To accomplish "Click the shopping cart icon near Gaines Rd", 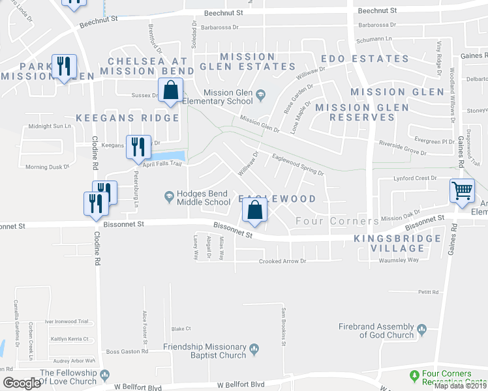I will pyautogui.click(x=462, y=191).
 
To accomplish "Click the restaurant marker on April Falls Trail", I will pyautogui.click(x=138, y=147).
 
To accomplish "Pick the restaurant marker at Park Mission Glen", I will pyautogui.click(x=65, y=66).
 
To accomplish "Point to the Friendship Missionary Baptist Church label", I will pyautogui.click(x=205, y=351).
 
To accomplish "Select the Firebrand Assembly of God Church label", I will pyautogui.click(x=376, y=330).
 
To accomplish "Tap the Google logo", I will pyautogui.click(x=21, y=383).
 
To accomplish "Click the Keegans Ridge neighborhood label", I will pyautogui.click(x=127, y=118).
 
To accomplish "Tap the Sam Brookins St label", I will pyautogui.click(x=283, y=325).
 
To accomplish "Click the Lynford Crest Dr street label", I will pyautogui.click(x=415, y=178).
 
